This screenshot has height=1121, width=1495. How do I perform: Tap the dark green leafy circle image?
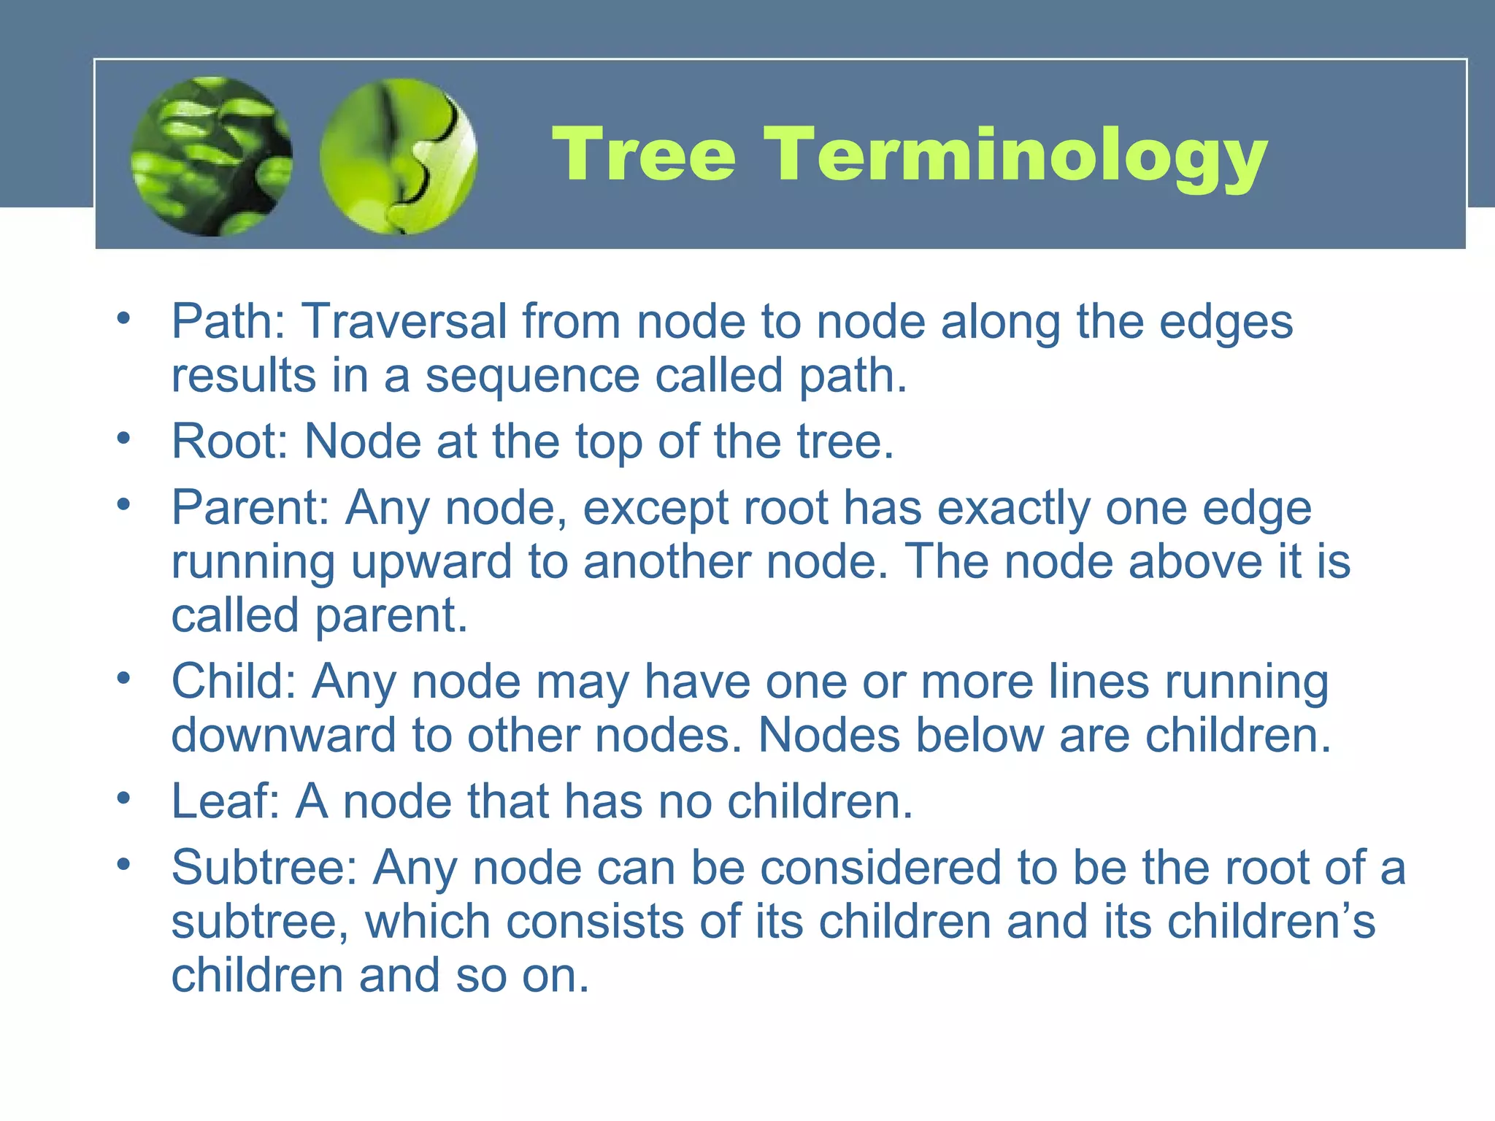(212, 156)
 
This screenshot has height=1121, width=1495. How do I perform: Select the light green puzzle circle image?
(399, 156)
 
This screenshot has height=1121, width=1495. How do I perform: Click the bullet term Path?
(228, 322)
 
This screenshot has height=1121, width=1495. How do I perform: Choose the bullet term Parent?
(251, 508)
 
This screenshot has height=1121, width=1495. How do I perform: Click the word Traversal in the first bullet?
(405, 322)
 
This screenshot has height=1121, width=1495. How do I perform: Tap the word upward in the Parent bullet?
(431, 563)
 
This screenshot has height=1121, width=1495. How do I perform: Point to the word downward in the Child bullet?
(284, 735)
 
